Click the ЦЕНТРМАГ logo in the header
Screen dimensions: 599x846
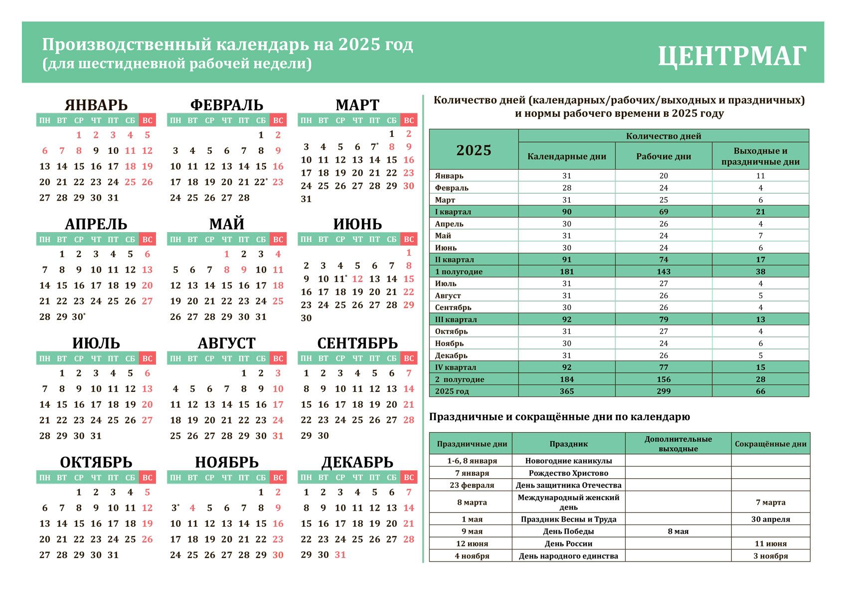click(x=732, y=56)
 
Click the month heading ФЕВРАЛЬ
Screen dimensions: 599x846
click(x=226, y=105)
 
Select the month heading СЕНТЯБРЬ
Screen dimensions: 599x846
click(x=357, y=343)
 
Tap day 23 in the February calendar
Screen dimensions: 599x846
click(x=278, y=182)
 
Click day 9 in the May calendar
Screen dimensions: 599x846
click(x=244, y=270)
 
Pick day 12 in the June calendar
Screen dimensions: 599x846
click(x=357, y=279)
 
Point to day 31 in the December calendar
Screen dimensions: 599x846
click(x=340, y=555)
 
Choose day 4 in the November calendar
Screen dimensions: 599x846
click(x=192, y=508)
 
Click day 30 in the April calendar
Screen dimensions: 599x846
click(x=78, y=317)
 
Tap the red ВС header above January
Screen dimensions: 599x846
click(x=147, y=120)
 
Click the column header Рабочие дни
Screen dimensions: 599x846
click(x=664, y=156)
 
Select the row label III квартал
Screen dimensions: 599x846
click(x=456, y=319)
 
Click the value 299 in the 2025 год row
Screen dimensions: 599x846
click(x=664, y=391)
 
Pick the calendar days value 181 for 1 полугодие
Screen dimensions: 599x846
click(x=567, y=272)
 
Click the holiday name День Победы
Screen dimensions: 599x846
click(x=568, y=532)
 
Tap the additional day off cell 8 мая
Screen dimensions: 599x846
click(x=678, y=532)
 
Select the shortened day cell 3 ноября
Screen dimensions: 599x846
click(x=770, y=556)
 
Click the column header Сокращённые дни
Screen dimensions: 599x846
click(x=770, y=444)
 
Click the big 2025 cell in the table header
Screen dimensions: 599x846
click(x=474, y=150)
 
